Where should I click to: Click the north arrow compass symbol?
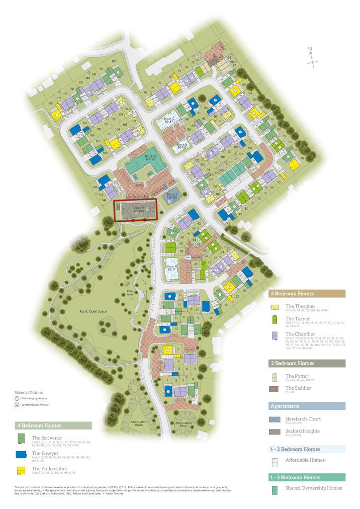pyautogui.click(x=312, y=56)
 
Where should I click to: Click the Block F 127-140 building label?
pyautogui.click(x=139, y=209)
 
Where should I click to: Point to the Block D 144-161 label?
pyautogui.click(x=150, y=159)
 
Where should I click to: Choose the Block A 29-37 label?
pyautogui.click(x=172, y=268)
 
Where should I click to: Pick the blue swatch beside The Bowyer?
pyautogui.click(x=21, y=454)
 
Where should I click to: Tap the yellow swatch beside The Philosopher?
pyautogui.click(x=21, y=470)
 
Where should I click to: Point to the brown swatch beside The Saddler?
pyautogui.click(x=275, y=388)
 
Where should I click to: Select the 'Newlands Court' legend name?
pyautogui.click(x=302, y=419)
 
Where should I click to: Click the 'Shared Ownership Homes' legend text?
pyautogui.click(x=313, y=488)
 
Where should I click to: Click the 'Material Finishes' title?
pyautogui.click(x=29, y=392)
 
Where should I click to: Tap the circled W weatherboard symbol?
pyautogui.click(x=17, y=405)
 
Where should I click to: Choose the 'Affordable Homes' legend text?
pyautogui.click(x=305, y=460)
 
